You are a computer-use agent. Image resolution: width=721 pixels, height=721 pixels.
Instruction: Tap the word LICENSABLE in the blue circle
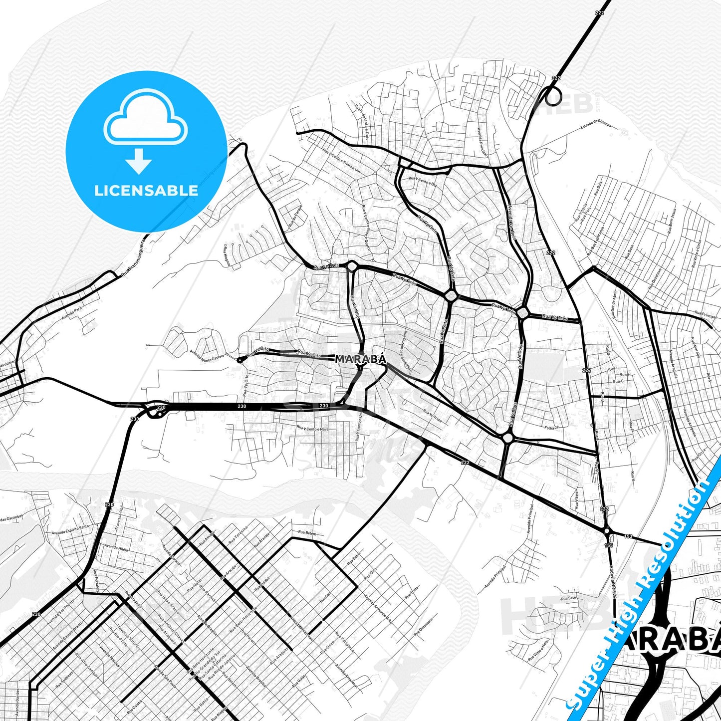pos(146,190)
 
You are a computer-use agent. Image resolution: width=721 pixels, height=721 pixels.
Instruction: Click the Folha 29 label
pos(551,428)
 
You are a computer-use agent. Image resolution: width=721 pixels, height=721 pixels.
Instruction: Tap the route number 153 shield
pos(628,536)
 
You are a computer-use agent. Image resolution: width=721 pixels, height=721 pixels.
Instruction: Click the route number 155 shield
pos(609,546)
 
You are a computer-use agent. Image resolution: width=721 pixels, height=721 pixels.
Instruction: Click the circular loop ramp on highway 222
pos(552,96)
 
